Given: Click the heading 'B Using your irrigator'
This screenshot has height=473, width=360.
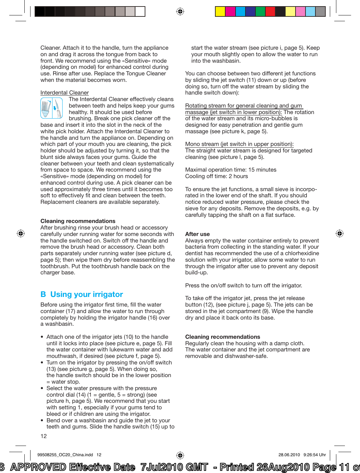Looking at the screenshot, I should (82, 295).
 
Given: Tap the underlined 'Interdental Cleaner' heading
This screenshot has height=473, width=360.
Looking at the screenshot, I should (64, 93).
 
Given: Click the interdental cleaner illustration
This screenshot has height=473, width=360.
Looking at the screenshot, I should (51, 108).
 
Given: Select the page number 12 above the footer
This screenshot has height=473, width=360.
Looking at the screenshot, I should (44, 436).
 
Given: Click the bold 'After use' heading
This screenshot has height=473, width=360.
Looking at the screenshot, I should (197, 234).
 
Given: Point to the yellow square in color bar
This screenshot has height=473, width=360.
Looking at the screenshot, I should (220, 12).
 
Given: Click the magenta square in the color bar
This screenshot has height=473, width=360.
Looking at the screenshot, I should (230, 12).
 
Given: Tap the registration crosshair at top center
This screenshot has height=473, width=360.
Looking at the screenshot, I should (180, 12).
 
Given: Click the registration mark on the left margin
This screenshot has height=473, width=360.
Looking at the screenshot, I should (21, 234).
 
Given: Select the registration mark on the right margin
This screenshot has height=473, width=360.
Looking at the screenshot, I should (339, 234).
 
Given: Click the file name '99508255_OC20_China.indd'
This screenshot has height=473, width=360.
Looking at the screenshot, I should (65, 455).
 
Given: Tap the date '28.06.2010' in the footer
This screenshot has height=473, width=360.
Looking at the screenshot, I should (289, 455).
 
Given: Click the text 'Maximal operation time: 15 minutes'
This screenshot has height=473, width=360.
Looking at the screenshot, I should (231, 170).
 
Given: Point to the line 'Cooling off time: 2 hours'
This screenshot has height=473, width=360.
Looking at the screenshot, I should (216, 176).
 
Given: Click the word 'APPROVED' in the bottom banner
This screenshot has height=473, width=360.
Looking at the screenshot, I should (38, 467).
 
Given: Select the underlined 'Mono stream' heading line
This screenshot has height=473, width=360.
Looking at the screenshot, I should (239, 144).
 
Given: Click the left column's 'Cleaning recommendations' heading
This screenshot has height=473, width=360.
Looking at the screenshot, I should (78, 221).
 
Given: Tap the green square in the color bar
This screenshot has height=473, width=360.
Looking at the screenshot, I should (261, 12).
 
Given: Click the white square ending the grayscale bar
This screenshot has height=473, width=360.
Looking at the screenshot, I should (140, 12).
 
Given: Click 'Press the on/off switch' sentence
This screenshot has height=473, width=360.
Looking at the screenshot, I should (243, 286).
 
